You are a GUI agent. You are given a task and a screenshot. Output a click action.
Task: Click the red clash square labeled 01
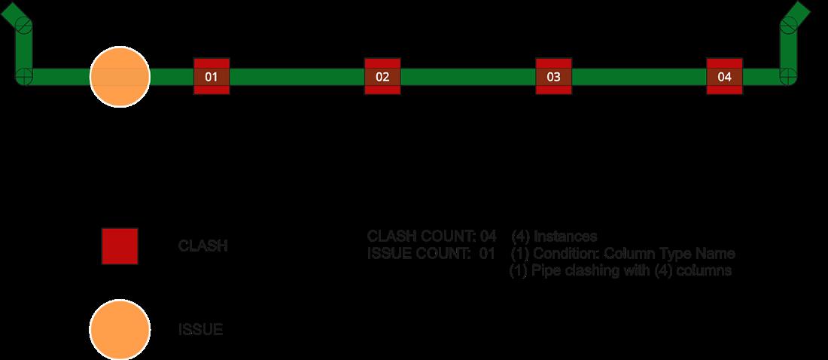coord(212,76)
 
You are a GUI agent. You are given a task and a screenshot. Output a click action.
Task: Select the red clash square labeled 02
coord(382,76)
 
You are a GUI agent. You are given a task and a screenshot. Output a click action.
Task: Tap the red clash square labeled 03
coord(553,76)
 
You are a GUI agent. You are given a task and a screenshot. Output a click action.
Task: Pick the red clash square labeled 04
coord(724,76)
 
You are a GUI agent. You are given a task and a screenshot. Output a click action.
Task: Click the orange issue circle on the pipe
coord(120,76)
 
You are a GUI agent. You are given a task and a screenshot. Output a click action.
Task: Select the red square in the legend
coord(120,246)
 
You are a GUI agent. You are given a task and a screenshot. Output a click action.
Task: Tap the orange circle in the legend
coord(120,329)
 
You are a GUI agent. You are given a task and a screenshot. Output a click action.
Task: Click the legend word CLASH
coord(202,246)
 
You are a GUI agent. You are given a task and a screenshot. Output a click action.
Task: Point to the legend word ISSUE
coord(200,330)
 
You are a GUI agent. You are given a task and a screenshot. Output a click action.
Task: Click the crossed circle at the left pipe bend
coord(25,76)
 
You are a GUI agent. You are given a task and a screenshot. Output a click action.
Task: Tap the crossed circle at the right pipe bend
coord(787,76)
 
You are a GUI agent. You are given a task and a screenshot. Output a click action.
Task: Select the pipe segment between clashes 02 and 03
coord(467,76)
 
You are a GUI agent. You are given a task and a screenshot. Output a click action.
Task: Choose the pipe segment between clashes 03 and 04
coord(638,76)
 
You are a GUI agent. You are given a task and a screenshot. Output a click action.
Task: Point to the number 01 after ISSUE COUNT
coord(487,253)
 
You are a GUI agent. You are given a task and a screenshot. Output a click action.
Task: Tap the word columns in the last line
coord(706,270)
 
